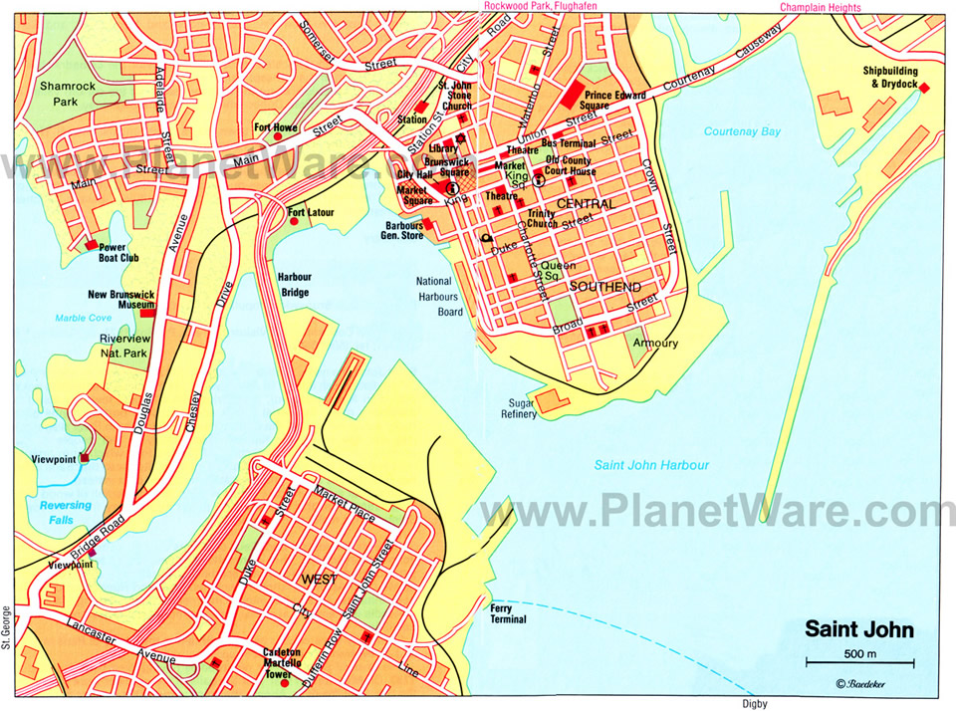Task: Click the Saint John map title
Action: (858, 630)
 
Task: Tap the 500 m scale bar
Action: (859, 662)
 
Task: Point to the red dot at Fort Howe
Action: (277, 138)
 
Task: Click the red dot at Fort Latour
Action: (294, 221)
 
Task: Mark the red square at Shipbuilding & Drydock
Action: (923, 89)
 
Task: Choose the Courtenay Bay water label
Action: (742, 131)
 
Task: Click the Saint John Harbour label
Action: (651, 465)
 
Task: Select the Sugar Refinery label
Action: (520, 407)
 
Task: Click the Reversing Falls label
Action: (66, 512)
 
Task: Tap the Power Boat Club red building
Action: (92, 245)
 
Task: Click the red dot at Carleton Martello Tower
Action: (285, 683)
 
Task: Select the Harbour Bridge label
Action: (294, 285)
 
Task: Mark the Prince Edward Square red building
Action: (574, 96)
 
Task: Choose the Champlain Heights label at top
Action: (822, 7)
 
